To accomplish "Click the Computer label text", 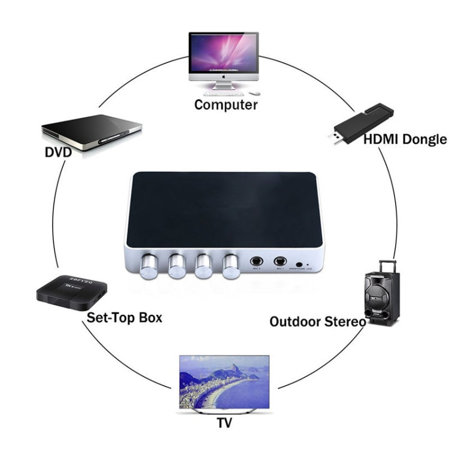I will pos(226,105).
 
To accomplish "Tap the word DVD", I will pos(58,152).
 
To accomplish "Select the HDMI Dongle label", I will pos(405,140).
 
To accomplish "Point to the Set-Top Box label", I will pos(124,317).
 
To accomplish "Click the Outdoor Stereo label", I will pos(317,321).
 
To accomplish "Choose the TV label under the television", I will pos(224,424).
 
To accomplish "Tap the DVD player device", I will pos(92,128).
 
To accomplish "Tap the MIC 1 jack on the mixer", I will pos(279,262).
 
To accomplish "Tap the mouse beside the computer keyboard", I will pos(253,93).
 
